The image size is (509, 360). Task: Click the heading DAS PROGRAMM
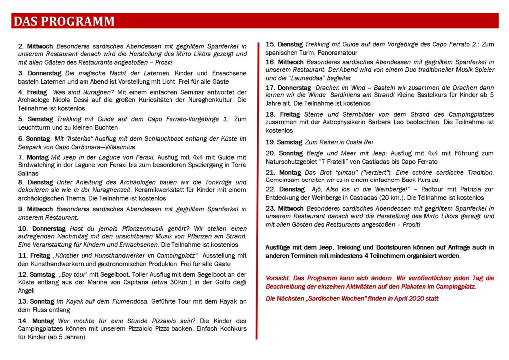64,21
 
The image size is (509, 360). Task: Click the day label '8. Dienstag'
36,182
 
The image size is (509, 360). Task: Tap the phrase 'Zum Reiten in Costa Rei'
332,142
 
